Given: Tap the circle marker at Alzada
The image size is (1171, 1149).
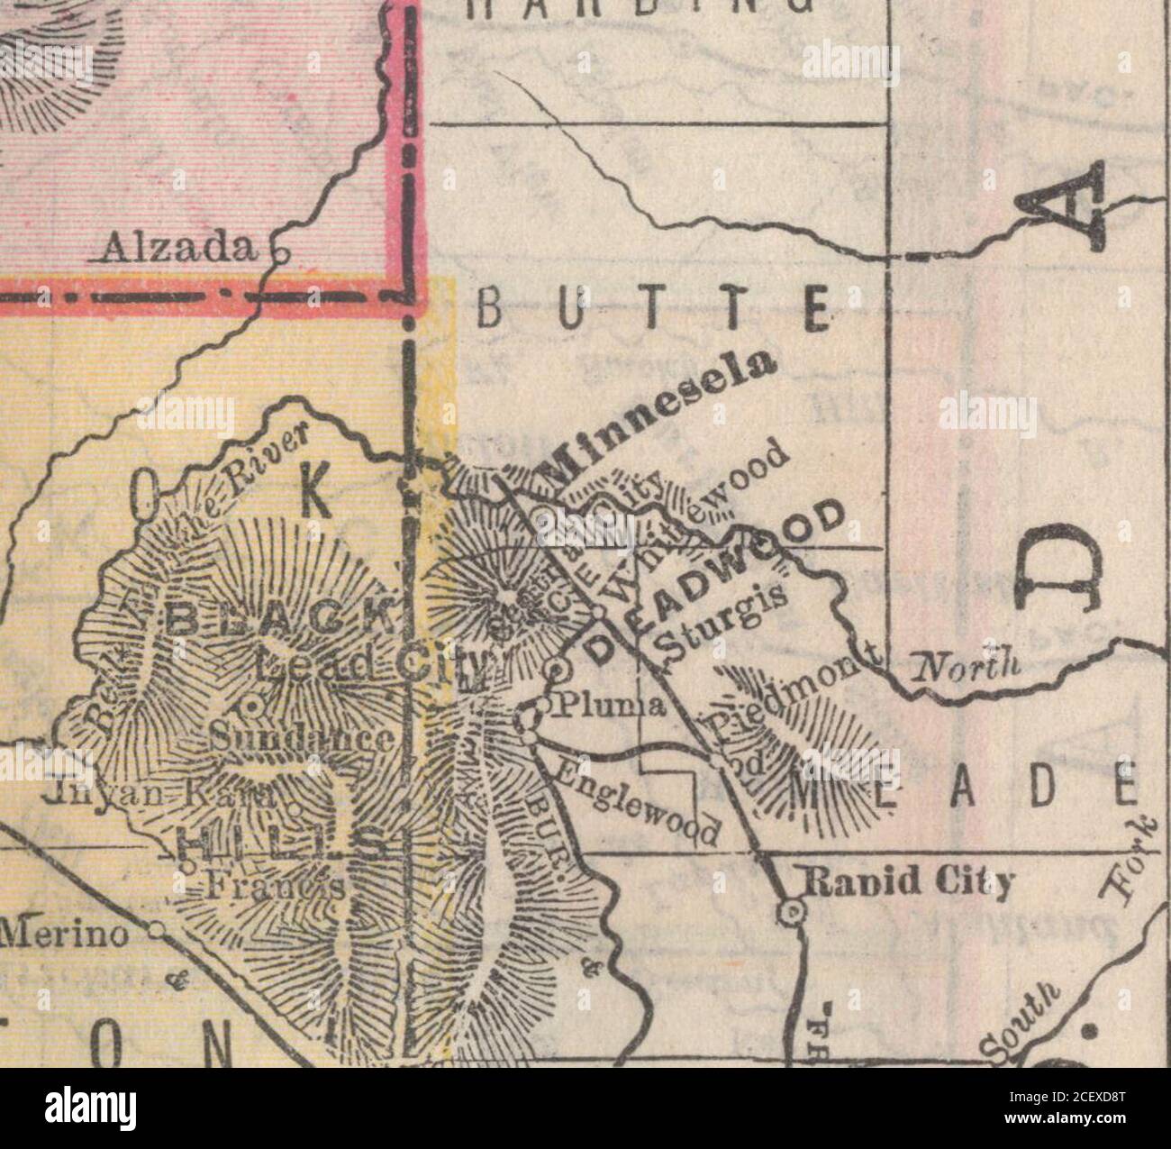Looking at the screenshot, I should pyautogui.click(x=279, y=254).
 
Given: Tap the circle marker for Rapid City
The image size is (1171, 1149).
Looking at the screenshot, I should pyautogui.click(x=791, y=912).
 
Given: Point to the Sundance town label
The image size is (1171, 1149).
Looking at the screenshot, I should pyautogui.click(x=302, y=741).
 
